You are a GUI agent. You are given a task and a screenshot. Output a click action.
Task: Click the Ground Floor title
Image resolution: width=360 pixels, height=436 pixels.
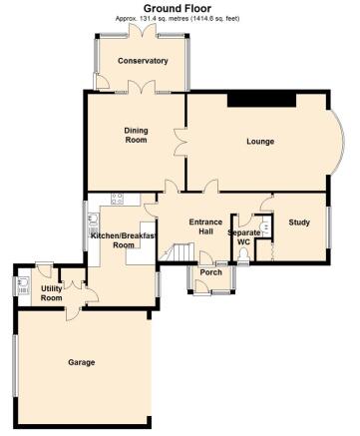[x=178, y=8]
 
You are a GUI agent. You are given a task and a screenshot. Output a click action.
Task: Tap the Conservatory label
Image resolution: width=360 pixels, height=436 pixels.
[x=143, y=61]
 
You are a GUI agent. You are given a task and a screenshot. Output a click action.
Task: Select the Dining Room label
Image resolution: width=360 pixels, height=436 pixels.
[x=136, y=135]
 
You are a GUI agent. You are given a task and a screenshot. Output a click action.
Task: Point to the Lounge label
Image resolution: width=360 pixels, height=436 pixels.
[x=260, y=142]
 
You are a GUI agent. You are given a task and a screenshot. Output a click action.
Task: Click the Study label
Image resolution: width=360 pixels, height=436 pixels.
[x=299, y=222]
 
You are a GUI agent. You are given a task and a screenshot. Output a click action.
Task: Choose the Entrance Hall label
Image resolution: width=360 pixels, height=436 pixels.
[x=205, y=226]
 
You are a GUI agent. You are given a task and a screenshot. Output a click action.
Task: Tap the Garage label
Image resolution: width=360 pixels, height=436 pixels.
[x=82, y=362]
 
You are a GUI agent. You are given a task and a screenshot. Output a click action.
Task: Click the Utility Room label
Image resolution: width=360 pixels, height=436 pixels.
[x=51, y=293]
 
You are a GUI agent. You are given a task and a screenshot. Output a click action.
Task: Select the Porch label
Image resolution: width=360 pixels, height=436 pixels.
[x=211, y=272]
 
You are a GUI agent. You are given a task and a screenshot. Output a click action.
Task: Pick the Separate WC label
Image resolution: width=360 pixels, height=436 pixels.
[x=244, y=237]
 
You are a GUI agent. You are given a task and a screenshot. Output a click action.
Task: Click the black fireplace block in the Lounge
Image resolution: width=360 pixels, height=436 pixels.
[x=261, y=100]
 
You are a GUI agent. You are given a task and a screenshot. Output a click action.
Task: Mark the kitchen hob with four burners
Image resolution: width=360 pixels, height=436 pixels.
[x=117, y=199]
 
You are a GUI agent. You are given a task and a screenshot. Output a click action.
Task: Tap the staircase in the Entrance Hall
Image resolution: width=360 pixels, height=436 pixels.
[x=177, y=252]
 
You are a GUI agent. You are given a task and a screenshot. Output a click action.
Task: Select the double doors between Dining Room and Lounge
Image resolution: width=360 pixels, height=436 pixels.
[x=180, y=142]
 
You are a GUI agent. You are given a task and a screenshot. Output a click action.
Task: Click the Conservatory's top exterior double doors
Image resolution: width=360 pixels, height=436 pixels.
[x=143, y=31]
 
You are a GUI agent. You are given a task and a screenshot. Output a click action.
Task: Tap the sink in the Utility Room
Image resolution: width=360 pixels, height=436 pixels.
[x=23, y=286]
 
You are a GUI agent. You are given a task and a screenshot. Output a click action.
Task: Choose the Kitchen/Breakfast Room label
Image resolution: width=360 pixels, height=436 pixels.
[x=124, y=240]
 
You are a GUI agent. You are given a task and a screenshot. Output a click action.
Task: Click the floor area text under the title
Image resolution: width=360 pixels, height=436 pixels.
[x=178, y=19]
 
